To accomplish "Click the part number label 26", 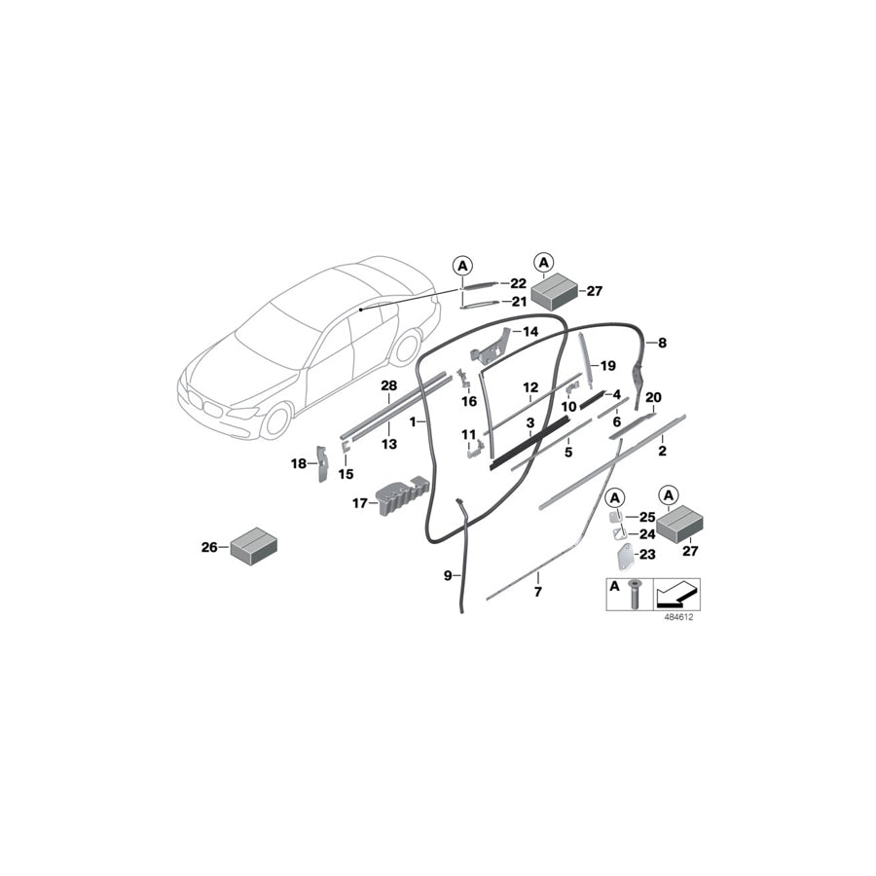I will pos(208,547).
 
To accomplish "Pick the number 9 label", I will pos(447,575).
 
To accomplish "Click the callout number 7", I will pos(536,591).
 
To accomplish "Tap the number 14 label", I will pos(530,332).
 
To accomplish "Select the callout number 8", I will pos(662,343).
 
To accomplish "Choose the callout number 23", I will pos(646,553).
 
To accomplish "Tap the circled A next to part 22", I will pos(462,264).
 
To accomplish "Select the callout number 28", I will pos(388,386).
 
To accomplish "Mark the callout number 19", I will pos(608,366).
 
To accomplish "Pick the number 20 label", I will pos(653,396).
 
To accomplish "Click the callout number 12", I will pos(530,387).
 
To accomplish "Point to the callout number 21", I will pos(519,302).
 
